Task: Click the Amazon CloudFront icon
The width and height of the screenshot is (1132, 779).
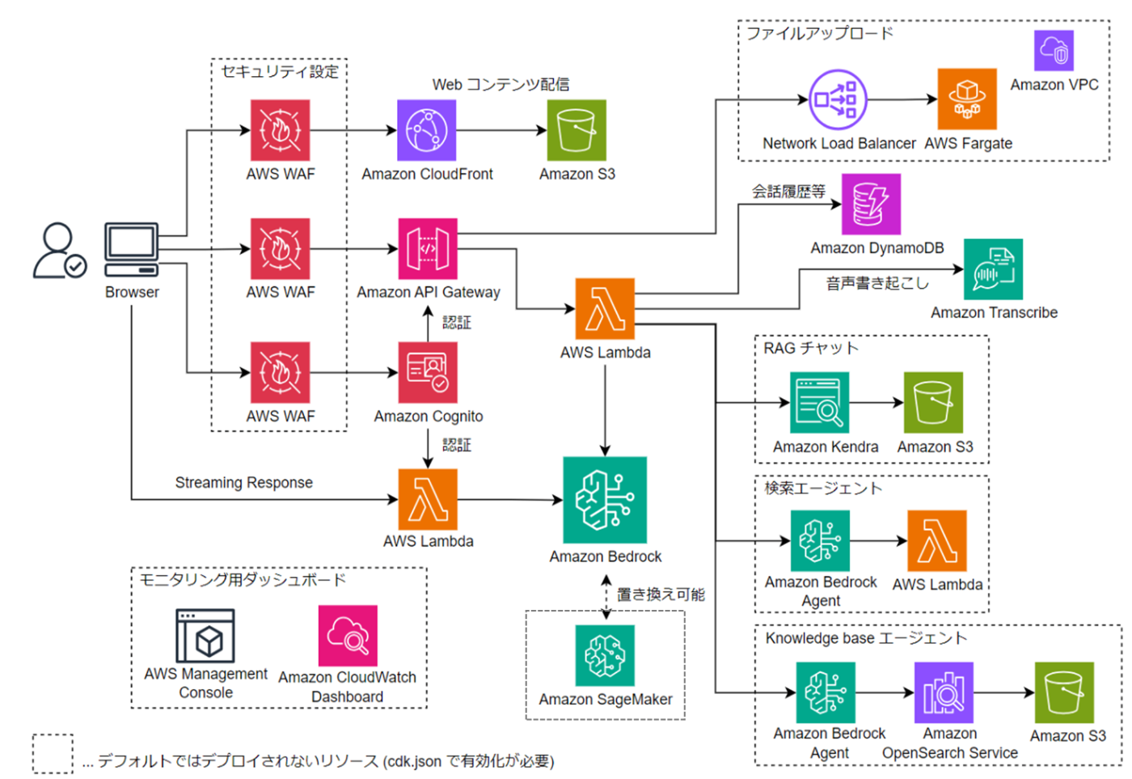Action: (x=426, y=130)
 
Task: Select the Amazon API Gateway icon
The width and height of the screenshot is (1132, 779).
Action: (x=427, y=248)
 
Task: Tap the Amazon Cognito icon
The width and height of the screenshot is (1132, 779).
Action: (x=427, y=372)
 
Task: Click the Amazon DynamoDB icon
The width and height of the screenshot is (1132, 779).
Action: (x=871, y=204)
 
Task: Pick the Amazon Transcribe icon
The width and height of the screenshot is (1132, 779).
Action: (x=993, y=269)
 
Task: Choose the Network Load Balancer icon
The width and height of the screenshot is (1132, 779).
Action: (x=838, y=99)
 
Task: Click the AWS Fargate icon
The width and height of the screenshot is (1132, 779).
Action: (x=966, y=99)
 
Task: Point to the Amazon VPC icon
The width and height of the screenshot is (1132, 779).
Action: (x=1054, y=51)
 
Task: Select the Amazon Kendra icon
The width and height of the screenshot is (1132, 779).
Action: (x=819, y=402)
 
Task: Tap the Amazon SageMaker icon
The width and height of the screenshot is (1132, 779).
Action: (x=605, y=655)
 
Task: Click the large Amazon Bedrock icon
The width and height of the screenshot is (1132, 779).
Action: (x=605, y=499)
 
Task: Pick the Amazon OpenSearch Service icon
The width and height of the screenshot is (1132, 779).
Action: (x=944, y=692)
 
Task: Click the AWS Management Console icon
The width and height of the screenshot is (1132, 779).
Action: (x=205, y=636)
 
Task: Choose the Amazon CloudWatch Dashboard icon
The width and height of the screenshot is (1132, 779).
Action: (x=348, y=636)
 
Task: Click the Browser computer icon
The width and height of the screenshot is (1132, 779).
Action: (x=131, y=250)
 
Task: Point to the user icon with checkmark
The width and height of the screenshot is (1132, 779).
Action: (x=59, y=251)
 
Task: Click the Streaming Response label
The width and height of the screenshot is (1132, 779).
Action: (x=243, y=483)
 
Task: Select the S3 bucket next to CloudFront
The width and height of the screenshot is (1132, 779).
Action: (x=577, y=130)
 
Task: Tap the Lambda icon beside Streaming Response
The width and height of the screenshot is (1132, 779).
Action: (x=428, y=499)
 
